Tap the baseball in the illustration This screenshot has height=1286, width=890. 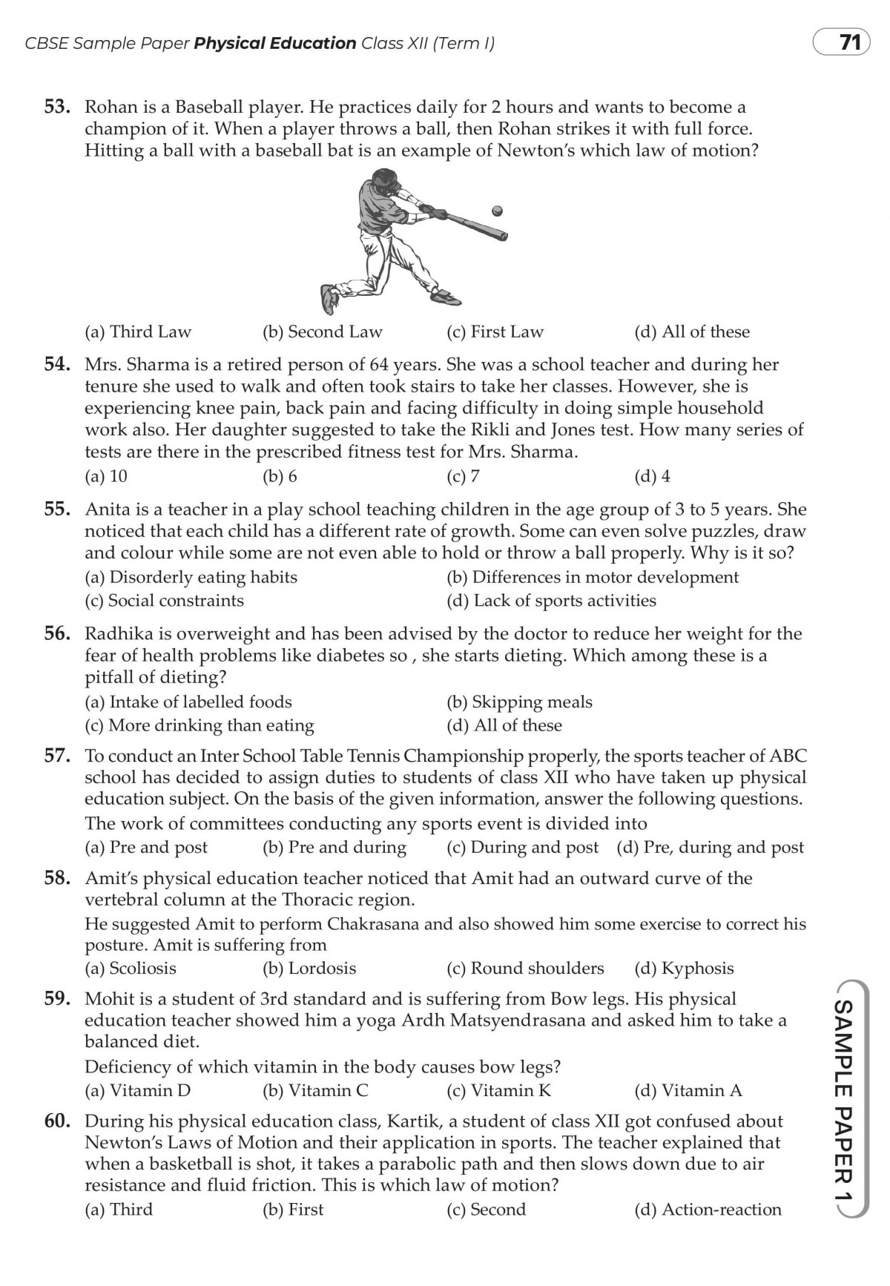click(x=497, y=211)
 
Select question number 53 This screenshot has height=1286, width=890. click(x=57, y=108)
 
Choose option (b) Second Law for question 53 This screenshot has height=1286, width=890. click(x=323, y=332)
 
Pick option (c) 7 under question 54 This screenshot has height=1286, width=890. click(x=463, y=476)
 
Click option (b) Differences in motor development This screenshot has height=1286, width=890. click(x=593, y=577)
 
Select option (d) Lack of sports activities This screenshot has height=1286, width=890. click(x=551, y=601)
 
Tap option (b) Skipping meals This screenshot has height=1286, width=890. click(x=519, y=702)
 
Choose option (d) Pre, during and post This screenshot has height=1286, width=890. click(x=711, y=847)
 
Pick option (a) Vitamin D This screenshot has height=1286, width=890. click(x=138, y=1090)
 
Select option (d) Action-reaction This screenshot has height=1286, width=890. click(x=708, y=1210)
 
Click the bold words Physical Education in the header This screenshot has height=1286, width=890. click(x=275, y=44)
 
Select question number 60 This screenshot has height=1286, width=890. click(x=57, y=1121)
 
